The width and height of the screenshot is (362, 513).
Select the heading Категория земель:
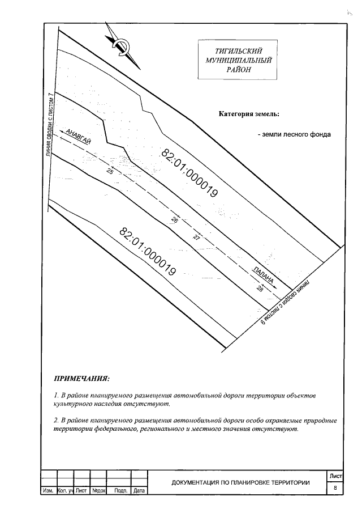click(249, 114)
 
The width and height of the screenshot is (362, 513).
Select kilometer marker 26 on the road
click(174, 221)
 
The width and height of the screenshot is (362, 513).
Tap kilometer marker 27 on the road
click(196, 238)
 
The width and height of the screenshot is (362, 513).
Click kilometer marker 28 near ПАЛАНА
click(260, 290)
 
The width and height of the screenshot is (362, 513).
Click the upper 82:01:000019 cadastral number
click(190, 173)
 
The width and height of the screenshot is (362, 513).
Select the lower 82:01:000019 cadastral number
click(148, 251)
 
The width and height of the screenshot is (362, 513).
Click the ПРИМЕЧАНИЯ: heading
click(81, 378)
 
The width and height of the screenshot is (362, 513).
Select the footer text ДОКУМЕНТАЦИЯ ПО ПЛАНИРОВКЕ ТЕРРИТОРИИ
click(240, 482)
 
